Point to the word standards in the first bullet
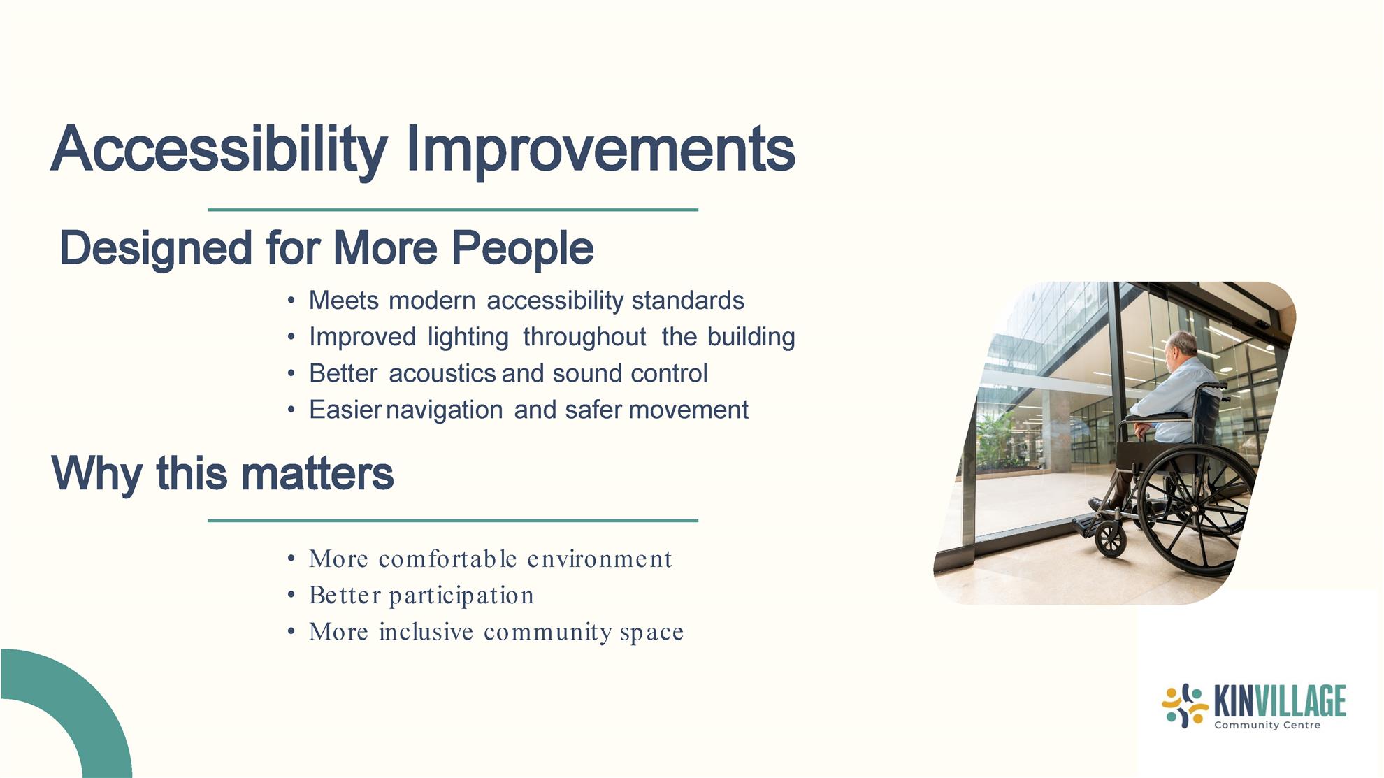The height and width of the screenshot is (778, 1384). [x=688, y=301]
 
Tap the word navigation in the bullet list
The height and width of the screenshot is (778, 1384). [x=444, y=410]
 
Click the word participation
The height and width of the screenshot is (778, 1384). [x=461, y=596]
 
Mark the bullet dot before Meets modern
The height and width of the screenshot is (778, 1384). [x=291, y=301]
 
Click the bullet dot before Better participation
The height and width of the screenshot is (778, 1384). [x=291, y=596]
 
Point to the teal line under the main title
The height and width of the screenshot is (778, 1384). [x=453, y=209]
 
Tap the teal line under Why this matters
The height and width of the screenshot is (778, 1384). [x=453, y=520]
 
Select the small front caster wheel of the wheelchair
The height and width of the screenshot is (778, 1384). [x=1110, y=540]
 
